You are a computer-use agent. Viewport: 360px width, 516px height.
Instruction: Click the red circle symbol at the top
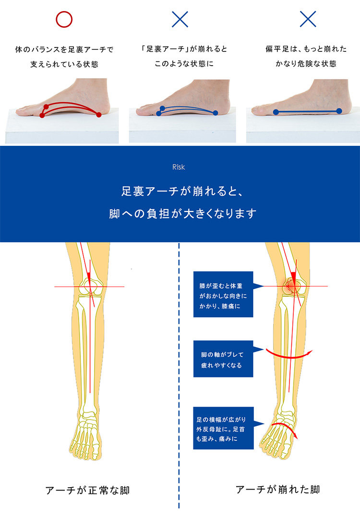pyautogui.click(x=64, y=19)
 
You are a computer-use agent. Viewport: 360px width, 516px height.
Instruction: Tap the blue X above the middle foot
pyautogui.click(x=180, y=19)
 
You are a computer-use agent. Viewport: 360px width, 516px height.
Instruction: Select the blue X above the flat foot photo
pyautogui.click(x=308, y=19)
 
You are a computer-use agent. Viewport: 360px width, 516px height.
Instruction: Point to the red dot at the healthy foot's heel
pyautogui.click(x=99, y=114)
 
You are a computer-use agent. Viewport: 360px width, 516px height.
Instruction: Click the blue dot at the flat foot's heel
pyautogui.click(x=339, y=111)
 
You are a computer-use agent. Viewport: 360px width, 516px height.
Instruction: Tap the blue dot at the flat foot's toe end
pyautogui.click(x=276, y=112)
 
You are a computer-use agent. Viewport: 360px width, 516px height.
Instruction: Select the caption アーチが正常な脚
pyautogui.click(x=87, y=490)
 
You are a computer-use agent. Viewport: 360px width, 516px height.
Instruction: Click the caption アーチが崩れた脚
pyautogui.click(x=277, y=490)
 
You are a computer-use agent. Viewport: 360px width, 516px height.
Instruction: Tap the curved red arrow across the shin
pyautogui.click(x=288, y=355)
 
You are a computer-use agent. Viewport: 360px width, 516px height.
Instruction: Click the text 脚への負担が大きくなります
pyautogui.click(x=183, y=213)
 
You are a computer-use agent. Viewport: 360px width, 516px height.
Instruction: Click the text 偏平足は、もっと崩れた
pyautogui.click(x=306, y=49)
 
